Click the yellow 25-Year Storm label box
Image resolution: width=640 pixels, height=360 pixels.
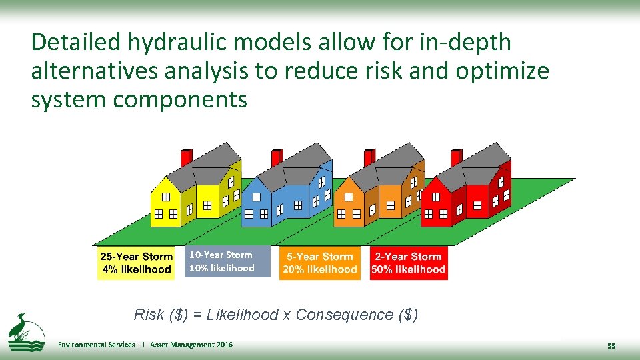point(136,263)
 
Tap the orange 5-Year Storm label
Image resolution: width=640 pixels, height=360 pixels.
point(319,263)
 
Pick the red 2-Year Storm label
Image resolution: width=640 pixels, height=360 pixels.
point(408,263)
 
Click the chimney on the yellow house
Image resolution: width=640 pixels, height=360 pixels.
point(186,157)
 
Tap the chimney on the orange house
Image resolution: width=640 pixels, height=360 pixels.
point(369,158)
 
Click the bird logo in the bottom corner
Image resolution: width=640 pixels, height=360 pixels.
point(25,331)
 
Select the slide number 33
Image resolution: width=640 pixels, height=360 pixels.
point(611,346)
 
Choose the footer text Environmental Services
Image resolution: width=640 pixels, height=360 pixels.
point(96,345)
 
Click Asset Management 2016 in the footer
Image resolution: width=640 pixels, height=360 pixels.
point(191,345)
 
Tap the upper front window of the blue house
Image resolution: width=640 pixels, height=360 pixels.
point(256,197)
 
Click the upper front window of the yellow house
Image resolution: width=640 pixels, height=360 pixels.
point(165,197)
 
